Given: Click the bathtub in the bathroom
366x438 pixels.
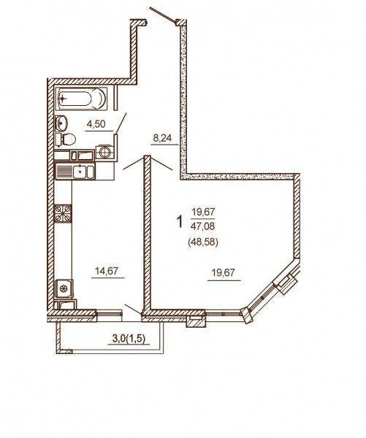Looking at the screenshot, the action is pyautogui.click(x=81, y=99).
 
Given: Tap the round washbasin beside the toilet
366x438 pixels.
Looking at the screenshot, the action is pyautogui.click(x=61, y=123).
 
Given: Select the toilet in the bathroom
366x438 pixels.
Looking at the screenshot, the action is pyautogui.click(x=66, y=139).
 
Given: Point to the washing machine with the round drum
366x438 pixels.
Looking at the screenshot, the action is pyautogui.click(x=105, y=152).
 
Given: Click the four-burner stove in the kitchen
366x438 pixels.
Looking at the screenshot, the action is pyautogui.click(x=63, y=213).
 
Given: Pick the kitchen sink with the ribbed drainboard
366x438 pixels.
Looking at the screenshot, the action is pyautogui.click(x=75, y=172).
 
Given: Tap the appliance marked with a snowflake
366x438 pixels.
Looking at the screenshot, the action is pyautogui.click(x=64, y=289).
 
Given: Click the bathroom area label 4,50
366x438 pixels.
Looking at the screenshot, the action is pyautogui.click(x=96, y=124).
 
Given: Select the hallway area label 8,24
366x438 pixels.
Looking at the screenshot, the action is pyautogui.click(x=162, y=138).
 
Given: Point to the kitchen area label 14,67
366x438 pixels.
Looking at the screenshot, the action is pyautogui.click(x=107, y=271).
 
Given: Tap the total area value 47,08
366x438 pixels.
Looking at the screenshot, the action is pyautogui.click(x=202, y=226).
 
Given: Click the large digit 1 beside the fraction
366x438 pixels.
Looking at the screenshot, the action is pyautogui.click(x=180, y=221).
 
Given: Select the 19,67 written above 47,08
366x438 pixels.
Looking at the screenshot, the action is pyautogui.click(x=202, y=212).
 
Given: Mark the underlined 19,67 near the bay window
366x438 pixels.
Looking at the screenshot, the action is pyautogui.click(x=224, y=272).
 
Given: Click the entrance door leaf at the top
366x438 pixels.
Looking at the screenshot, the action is pyautogui.click(x=163, y=15).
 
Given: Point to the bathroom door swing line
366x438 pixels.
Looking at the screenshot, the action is pyautogui.click(x=121, y=123).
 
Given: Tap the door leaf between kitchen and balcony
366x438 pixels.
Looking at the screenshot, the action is pyautogui.click(x=133, y=309).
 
